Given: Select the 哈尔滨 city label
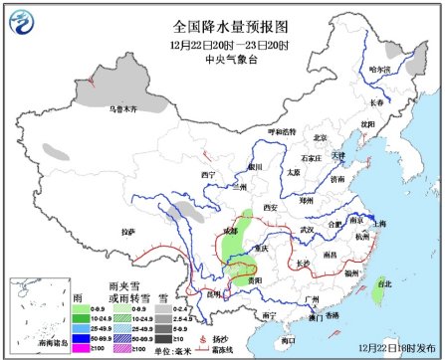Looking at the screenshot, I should click(380, 70).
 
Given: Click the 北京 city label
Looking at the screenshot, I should click(320, 138).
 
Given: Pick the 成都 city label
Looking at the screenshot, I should click(231, 230).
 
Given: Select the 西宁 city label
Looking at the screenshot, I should click(207, 175).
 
